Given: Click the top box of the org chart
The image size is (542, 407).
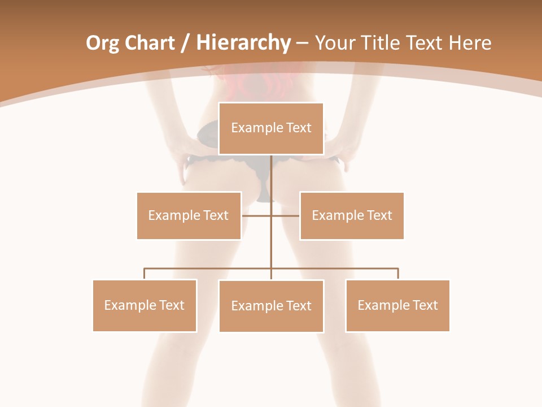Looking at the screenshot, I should (271, 128).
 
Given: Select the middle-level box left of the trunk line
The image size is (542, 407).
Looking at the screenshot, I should (189, 215).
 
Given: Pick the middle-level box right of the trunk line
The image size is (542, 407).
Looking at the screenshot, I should (352, 215).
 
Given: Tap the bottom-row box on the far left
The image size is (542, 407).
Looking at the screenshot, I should (145, 305).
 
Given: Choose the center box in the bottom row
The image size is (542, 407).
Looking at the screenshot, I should (271, 306).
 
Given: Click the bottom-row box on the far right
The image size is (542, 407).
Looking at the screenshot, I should (397, 305).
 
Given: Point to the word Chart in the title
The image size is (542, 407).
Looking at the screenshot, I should (150, 43).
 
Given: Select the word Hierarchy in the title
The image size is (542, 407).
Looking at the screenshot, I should (243, 43).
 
